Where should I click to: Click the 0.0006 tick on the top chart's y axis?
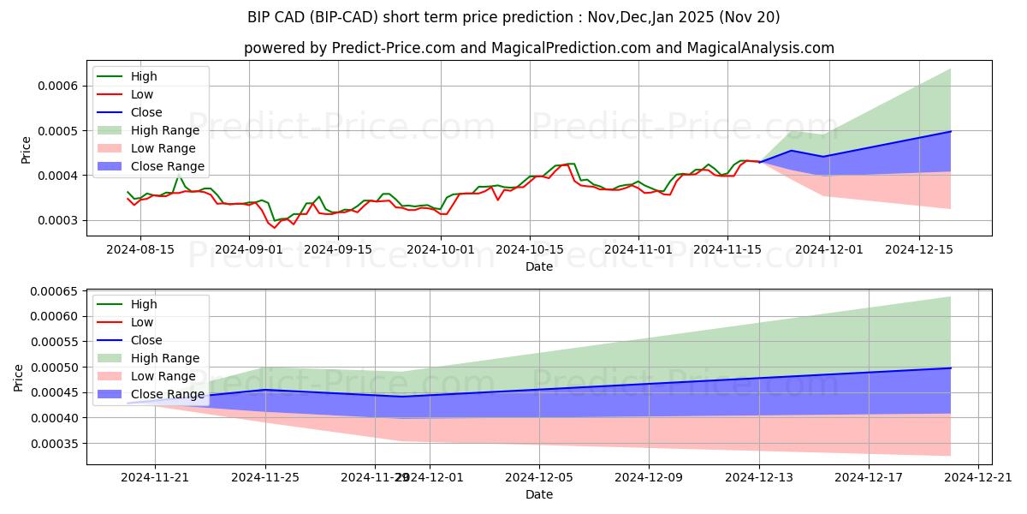tap(59, 86)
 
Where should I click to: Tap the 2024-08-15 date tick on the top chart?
tap(141, 248)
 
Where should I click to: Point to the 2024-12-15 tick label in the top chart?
tap(919, 248)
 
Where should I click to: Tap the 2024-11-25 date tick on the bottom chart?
tap(265, 477)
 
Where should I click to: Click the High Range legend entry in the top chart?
tap(164, 130)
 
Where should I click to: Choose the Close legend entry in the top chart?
tap(146, 112)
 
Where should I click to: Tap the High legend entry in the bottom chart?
tap(143, 304)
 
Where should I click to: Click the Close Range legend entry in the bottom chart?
tap(167, 394)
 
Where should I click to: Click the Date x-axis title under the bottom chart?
tap(539, 494)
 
